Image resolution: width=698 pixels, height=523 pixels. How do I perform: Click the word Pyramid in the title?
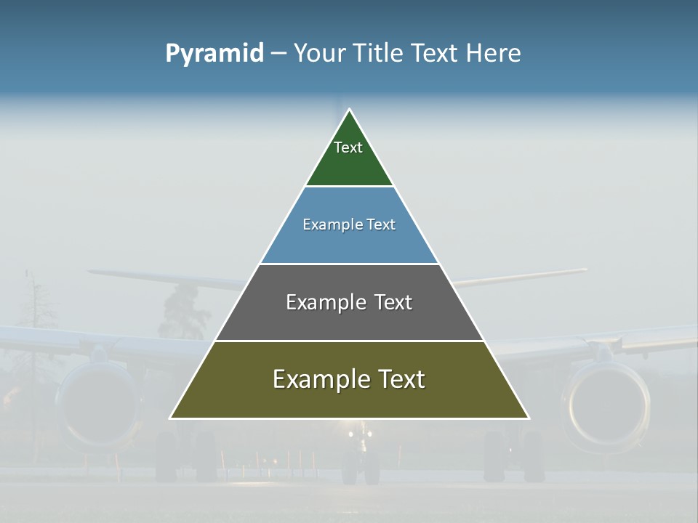coord(214,54)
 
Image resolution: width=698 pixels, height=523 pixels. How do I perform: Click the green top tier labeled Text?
coord(349,156)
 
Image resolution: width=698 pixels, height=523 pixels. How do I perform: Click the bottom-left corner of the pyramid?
coord(171,418)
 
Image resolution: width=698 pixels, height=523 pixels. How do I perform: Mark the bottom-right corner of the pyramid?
coord(528,418)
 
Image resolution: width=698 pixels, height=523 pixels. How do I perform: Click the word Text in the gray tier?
coord(393,302)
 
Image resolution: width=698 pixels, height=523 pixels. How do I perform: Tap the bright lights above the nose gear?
coord(360,434)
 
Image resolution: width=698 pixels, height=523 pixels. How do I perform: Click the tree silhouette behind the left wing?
coord(182,309)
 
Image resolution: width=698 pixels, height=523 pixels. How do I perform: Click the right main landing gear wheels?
coord(513,458)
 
